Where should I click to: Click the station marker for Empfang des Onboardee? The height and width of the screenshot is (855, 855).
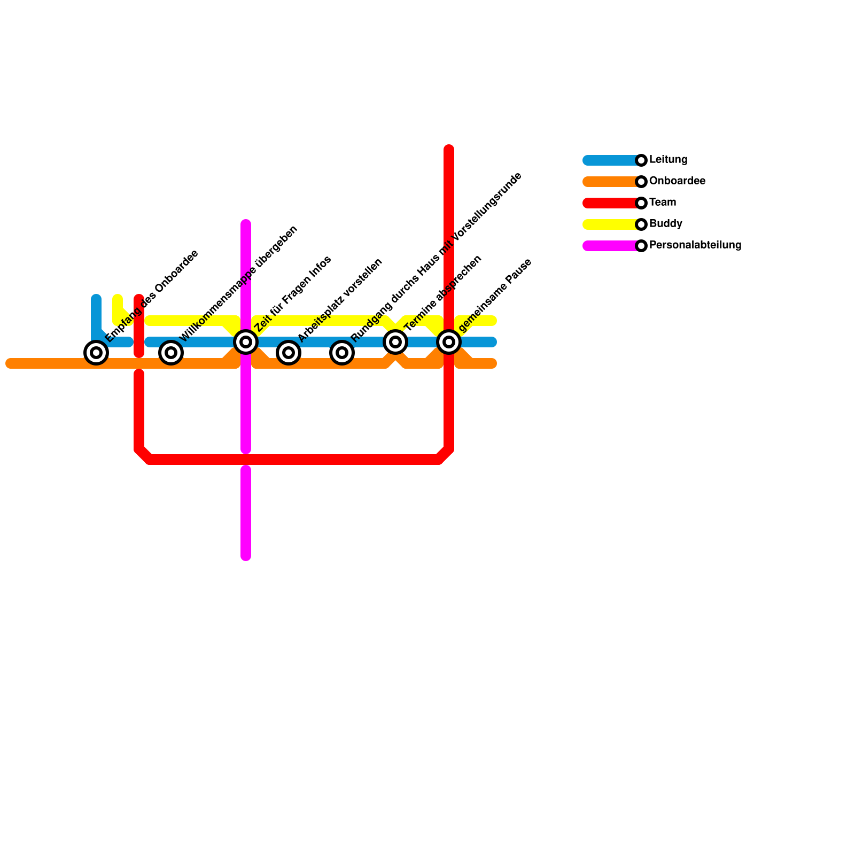96,353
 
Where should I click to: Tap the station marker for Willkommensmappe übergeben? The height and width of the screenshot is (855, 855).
171,353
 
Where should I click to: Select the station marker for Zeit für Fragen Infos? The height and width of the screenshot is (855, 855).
246,342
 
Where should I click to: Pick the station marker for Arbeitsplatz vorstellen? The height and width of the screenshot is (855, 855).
289,353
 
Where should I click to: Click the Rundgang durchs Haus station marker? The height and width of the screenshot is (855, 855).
342,353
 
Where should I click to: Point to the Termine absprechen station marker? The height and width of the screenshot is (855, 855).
395,342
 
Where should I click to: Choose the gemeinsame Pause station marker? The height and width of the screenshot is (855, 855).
449,342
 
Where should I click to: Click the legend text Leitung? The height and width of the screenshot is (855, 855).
668,160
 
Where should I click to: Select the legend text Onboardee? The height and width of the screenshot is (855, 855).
677,181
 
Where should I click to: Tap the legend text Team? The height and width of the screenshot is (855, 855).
663,203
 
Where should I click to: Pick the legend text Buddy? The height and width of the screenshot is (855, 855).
665,224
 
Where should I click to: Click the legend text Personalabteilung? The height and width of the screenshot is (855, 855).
695,245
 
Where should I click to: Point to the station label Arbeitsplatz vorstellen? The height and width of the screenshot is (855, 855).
340,300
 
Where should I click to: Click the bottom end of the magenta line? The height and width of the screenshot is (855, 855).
246,556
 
